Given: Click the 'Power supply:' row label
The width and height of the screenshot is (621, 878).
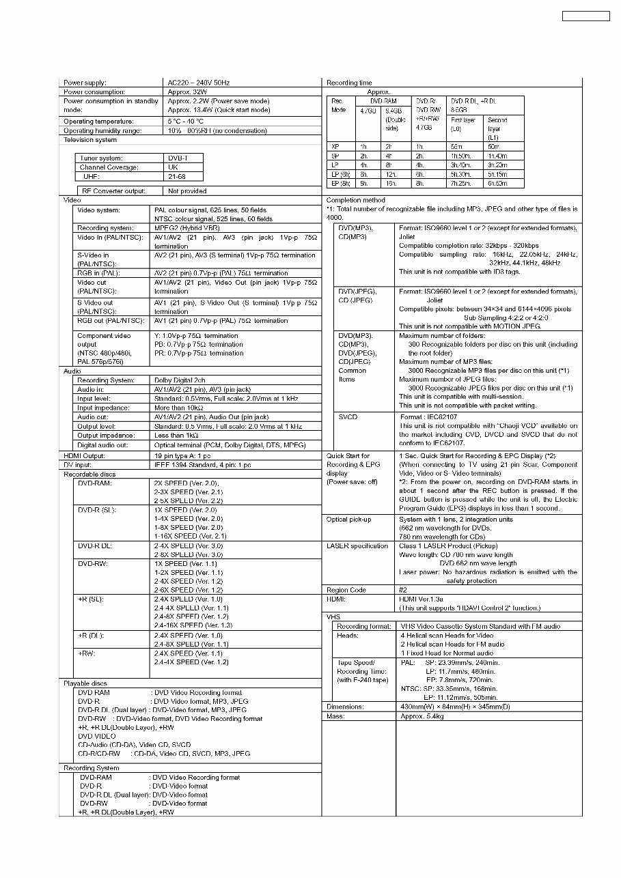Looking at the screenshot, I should [85, 83].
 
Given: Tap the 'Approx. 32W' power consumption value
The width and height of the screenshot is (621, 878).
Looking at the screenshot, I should [187, 91].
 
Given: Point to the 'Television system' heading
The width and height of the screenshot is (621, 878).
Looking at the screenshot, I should [90, 140].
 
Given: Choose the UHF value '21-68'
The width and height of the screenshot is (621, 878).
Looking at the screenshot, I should [177, 176].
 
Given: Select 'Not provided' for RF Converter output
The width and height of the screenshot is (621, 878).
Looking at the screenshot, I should [187, 191].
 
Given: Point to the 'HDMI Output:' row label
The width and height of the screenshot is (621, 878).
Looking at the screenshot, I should [84, 455].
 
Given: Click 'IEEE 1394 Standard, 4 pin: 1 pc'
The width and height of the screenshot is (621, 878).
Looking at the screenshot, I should [203, 465].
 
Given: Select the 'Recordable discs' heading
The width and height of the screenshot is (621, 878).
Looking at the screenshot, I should [89, 474].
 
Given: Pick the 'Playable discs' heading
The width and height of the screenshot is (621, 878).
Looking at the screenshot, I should [85, 683].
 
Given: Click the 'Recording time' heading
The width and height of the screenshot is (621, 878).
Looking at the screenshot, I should [349, 83].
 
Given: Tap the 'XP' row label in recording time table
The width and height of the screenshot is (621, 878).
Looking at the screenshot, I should [335, 146].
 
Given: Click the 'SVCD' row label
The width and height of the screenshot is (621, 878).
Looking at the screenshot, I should [347, 416].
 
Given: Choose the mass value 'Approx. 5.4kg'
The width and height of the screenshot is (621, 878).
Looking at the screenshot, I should [422, 716].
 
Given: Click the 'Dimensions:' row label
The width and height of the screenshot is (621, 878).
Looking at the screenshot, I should [345, 707].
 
